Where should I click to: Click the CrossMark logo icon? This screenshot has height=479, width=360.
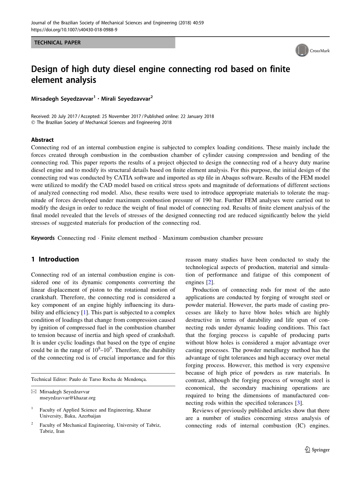point(302,51)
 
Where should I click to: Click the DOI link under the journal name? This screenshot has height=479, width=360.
point(74,29)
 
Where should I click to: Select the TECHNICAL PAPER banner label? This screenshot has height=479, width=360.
point(58,43)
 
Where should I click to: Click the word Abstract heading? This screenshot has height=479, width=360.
point(42,140)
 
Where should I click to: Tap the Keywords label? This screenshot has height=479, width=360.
point(43,238)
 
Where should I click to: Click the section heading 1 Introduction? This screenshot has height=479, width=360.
point(55,259)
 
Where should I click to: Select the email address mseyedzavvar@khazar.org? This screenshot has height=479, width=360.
point(67,398)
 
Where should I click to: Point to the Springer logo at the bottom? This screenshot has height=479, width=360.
point(318,450)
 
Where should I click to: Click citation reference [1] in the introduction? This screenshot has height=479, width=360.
point(83,313)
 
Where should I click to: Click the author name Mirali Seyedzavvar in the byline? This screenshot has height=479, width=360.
point(126,99)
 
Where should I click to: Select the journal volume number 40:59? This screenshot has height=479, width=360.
point(198,23)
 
